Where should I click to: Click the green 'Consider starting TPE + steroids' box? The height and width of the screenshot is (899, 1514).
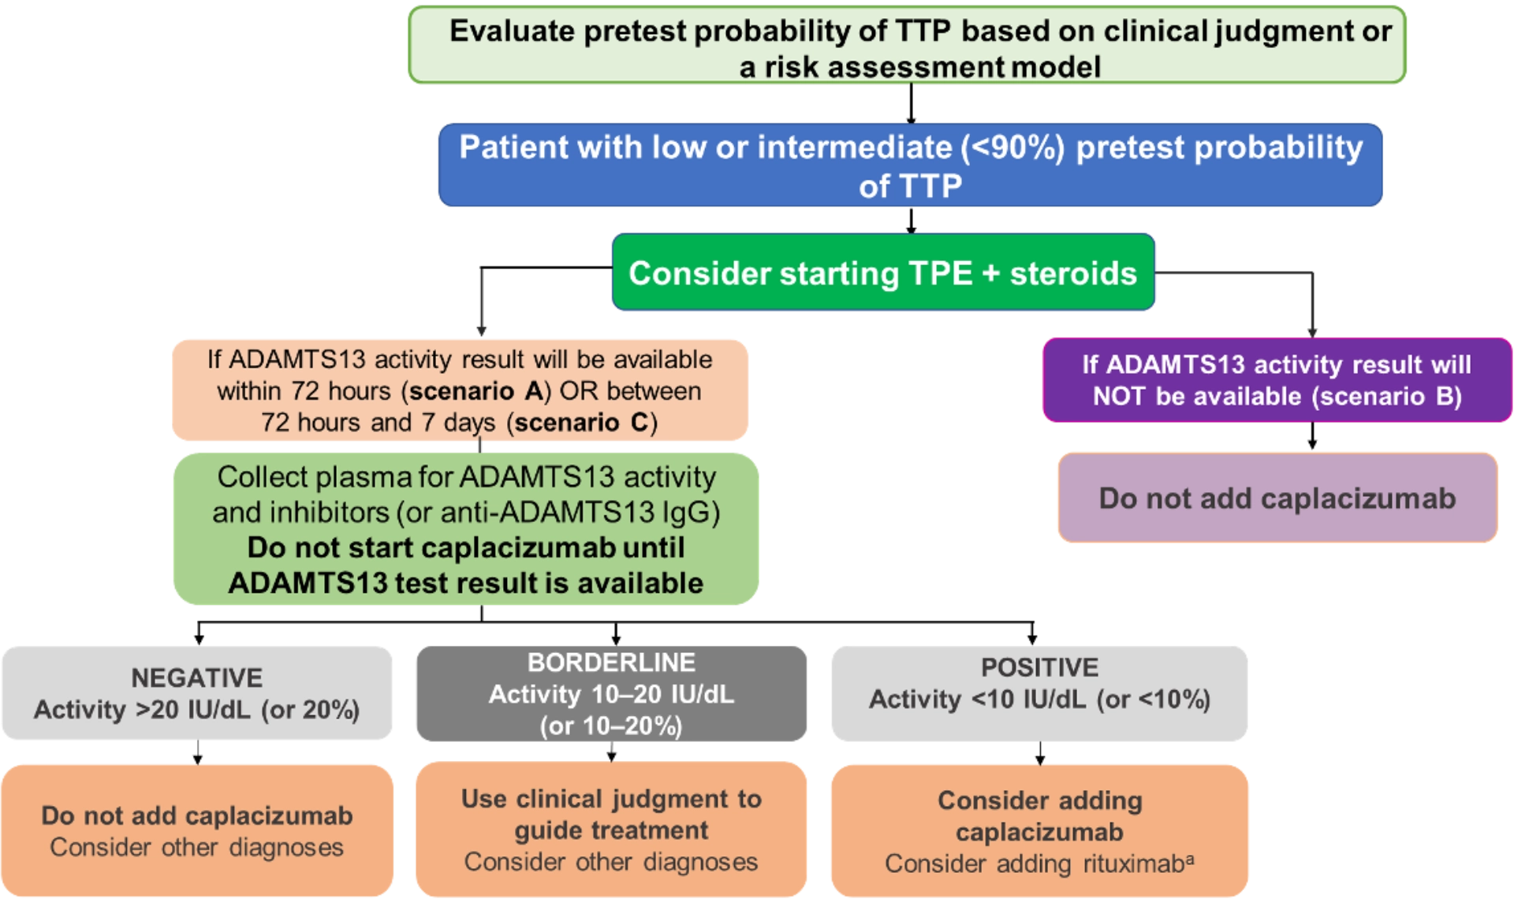click(x=883, y=273)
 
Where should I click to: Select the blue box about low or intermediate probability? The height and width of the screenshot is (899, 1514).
click(x=911, y=166)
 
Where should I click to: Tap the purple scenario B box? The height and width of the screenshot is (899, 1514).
click(x=1277, y=380)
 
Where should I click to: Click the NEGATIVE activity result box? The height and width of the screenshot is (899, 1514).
click(x=197, y=694)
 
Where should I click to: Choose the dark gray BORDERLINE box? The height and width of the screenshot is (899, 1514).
click(x=611, y=694)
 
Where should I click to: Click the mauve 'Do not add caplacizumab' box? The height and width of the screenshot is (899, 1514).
click(x=1277, y=498)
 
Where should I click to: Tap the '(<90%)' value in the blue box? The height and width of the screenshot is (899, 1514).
click(x=1012, y=148)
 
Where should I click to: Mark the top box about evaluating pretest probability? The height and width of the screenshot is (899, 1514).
click(x=907, y=47)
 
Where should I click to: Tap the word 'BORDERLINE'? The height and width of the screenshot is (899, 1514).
click(x=611, y=662)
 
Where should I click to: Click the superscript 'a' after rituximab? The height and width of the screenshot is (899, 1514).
click(x=1189, y=859)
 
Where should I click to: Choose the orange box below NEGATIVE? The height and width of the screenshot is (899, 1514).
click(x=197, y=830)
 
